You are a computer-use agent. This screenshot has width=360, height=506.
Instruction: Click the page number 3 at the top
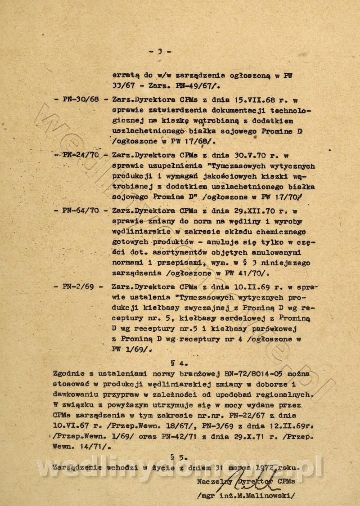[159, 51]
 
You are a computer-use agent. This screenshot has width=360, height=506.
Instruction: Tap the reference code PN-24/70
[78, 155]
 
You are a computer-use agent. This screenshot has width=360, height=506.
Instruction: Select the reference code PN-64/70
[76, 210]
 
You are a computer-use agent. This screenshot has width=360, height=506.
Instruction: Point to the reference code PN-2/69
[73, 287]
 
